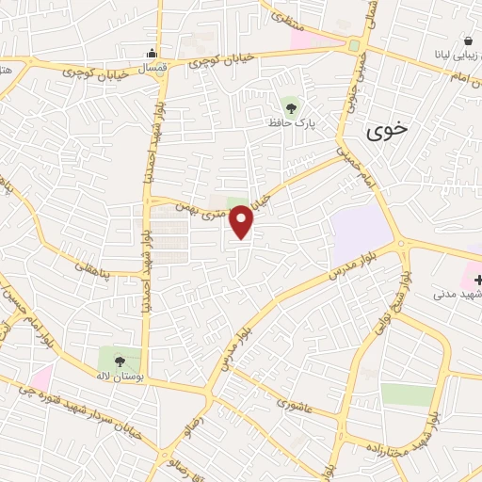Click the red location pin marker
pos(242,221)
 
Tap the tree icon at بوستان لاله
pos(119,360)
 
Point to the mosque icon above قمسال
pos(153,52)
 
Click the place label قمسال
pos(153,68)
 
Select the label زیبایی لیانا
pos(454,55)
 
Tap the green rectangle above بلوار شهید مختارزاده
pos(408,394)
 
